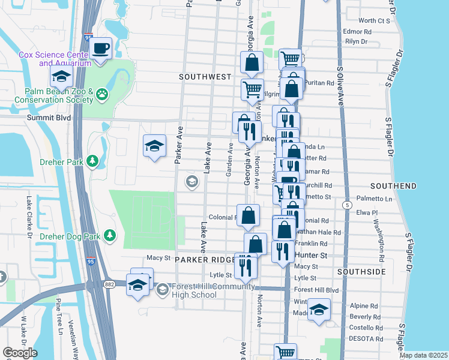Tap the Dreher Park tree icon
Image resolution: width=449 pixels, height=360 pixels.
point(92,161)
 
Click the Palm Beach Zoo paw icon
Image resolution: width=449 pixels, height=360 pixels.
point(103,94)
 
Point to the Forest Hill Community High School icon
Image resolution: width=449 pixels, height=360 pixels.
point(162,290)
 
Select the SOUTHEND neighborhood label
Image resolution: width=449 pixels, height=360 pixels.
point(393,186)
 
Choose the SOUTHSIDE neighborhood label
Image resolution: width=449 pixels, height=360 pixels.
point(361,272)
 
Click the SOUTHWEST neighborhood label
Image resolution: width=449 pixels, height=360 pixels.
point(205,77)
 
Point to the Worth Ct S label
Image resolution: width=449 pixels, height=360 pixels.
point(375,20)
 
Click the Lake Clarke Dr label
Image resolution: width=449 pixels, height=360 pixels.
point(29,216)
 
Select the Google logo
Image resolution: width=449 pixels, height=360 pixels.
point(20,352)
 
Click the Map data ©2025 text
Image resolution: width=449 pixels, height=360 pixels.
point(423,355)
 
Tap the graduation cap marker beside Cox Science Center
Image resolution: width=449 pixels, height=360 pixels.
point(61,77)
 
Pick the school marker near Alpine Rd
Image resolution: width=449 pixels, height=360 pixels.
point(319,310)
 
